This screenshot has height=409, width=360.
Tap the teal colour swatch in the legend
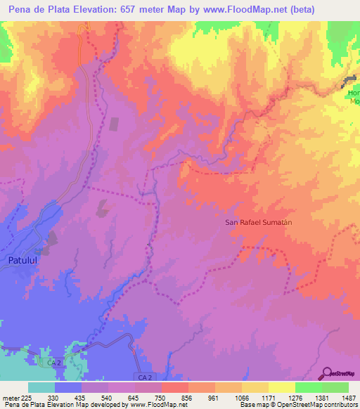click(x=41, y=387)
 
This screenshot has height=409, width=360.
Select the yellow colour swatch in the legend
click(x=281, y=387)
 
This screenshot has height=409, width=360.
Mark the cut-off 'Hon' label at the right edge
click(x=354, y=92)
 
